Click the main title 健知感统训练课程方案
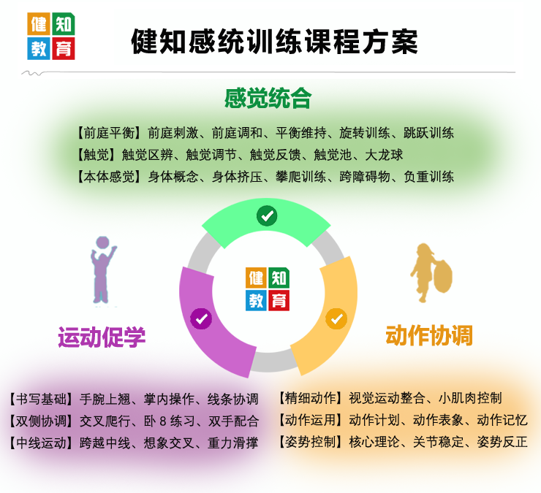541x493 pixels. coord(274,42)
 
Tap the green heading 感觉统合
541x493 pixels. coord(268,99)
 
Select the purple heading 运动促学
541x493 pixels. coord(102,337)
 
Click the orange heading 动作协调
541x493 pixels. coord(429,335)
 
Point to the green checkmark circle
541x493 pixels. coord(267,215)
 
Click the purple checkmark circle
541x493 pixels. coord(201,318)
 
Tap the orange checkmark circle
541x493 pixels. coord(336,318)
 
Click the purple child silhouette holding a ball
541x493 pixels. coord(103,270)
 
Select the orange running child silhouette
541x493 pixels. coord(431,272)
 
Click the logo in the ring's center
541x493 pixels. coord(268,289)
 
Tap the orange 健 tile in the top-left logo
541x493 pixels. coord(39,24)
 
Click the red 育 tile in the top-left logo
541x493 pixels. coord(63,49)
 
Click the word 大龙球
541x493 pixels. coord(384,155)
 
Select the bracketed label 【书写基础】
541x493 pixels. coord(41,399)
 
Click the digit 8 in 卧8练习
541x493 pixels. coord(163,421)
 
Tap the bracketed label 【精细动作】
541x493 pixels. coord(311,398)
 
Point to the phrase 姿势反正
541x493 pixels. coord(502,442)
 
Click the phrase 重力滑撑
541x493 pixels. coord(233,443)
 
